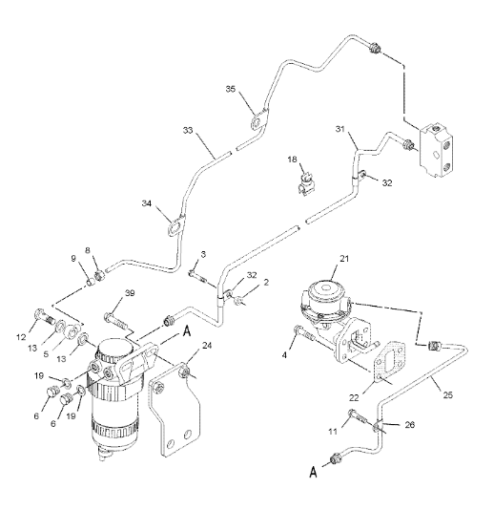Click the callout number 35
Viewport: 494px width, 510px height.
pos(230,89)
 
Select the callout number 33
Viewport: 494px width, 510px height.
pos(188,131)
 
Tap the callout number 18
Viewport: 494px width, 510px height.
pos(293,159)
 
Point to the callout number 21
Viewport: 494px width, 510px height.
pos(344,259)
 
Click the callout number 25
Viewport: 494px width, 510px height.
pos(448,394)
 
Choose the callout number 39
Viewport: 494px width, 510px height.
pos(130,293)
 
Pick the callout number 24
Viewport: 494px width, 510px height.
pos(207,345)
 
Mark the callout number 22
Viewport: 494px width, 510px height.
pos(354,397)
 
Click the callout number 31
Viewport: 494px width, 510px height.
pos(340,129)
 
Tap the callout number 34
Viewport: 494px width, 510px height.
pos(147,203)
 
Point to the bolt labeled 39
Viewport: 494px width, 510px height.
pos(115,319)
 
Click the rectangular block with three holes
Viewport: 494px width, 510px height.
pos(437,150)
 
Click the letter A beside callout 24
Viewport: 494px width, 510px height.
pos(187,331)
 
